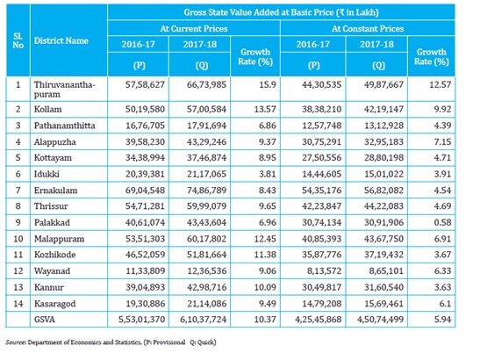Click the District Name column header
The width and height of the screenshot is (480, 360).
pyautogui.click(x=61, y=40)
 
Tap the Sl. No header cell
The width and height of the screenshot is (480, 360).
pyautogui.click(x=18, y=40)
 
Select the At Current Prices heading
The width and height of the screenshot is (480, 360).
pyautogui.click(x=194, y=28)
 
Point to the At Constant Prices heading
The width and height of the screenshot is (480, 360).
pyautogui.click(x=368, y=28)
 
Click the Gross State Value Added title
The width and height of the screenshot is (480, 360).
pyautogui.click(x=281, y=12)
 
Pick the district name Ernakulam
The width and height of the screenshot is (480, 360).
pyautogui.click(x=55, y=191)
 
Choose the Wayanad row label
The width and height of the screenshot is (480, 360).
pyautogui.click(x=52, y=270)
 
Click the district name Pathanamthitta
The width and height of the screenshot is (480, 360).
pyautogui.click(x=65, y=126)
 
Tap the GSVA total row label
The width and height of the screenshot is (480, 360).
pyautogui.click(x=45, y=320)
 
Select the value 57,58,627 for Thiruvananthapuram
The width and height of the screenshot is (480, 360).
pyautogui.click(x=145, y=84)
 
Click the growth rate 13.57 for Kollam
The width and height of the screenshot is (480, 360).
pyautogui.click(x=265, y=110)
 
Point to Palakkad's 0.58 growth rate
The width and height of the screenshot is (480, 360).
pyautogui.click(x=442, y=222)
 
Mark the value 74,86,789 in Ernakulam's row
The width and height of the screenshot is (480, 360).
pyautogui.click(x=206, y=191)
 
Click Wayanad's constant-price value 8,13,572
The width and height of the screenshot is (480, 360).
pyautogui.click(x=324, y=270)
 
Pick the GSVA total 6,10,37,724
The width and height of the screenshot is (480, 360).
pyautogui.click(x=204, y=320)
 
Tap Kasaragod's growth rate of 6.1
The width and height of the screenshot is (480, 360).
pyautogui.click(x=445, y=304)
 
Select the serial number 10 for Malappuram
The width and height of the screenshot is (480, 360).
pyautogui.click(x=18, y=239)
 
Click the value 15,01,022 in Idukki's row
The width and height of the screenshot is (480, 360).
pyautogui.click(x=383, y=174)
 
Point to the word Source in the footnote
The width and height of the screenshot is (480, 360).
pyautogui.click(x=16, y=342)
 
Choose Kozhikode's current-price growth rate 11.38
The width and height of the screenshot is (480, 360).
pyautogui.click(x=265, y=255)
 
